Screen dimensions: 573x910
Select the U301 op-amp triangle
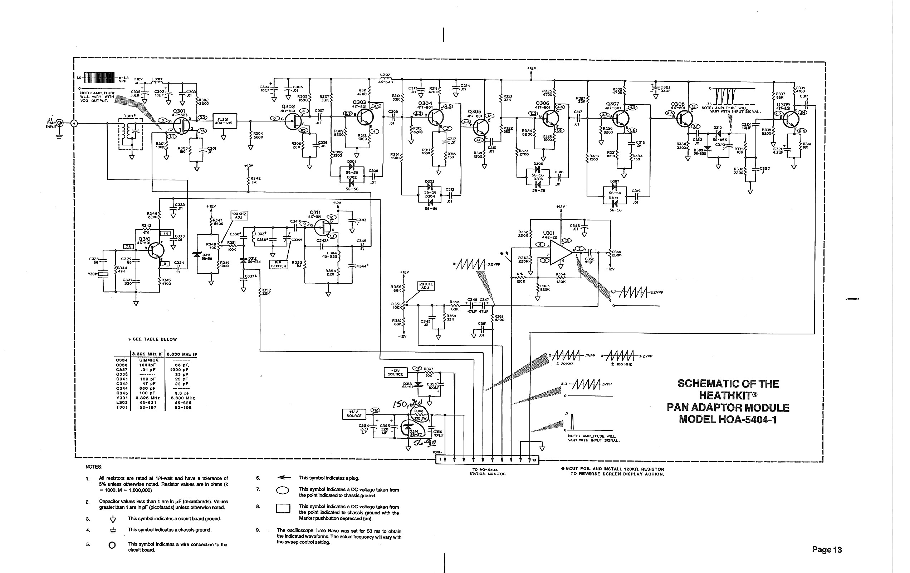point(561,253)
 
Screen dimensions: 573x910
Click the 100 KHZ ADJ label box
point(239,215)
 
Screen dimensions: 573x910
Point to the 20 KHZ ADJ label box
point(426,286)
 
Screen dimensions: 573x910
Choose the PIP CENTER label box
point(279,264)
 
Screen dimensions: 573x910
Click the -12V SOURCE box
point(395,372)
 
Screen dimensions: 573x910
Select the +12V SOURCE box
point(354,414)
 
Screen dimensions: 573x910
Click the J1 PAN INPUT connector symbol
point(60,123)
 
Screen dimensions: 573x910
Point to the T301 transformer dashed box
point(131,133)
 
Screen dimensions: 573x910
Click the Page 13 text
point(827,549)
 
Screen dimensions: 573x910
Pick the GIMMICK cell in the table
point(148,360)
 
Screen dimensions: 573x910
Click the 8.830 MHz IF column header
point(182,354)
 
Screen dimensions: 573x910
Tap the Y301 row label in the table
point(122,398)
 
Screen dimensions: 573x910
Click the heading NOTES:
point(94,467)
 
